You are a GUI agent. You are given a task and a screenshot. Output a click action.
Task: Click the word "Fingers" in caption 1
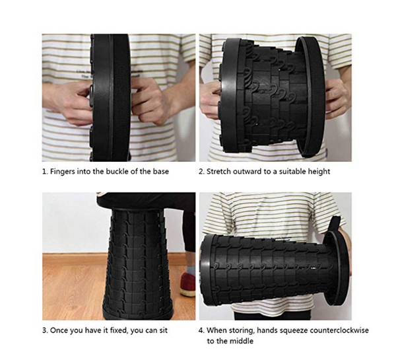pos(63,172)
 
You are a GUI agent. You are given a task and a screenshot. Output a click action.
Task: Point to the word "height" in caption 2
pos(319,172)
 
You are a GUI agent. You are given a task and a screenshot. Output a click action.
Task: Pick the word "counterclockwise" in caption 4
pos(339,330)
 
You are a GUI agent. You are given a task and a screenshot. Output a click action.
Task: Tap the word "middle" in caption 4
pos(241,341)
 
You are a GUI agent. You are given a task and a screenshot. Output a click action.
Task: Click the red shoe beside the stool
pos(187,284)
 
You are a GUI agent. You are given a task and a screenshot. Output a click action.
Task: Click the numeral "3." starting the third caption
pos(45,330)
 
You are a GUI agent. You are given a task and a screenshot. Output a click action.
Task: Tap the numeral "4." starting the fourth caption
pos(201,330)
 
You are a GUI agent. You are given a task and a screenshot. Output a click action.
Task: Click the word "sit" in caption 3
pos(164,330)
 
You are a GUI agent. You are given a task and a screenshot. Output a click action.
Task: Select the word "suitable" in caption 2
pos(294,171)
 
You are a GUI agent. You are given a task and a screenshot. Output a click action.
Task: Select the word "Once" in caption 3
pos(59,330)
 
